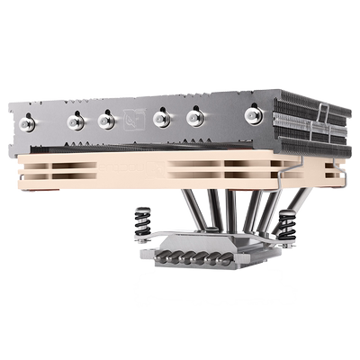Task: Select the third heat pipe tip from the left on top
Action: click(105, 120)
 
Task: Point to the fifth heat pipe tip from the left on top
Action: click(194, 117)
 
